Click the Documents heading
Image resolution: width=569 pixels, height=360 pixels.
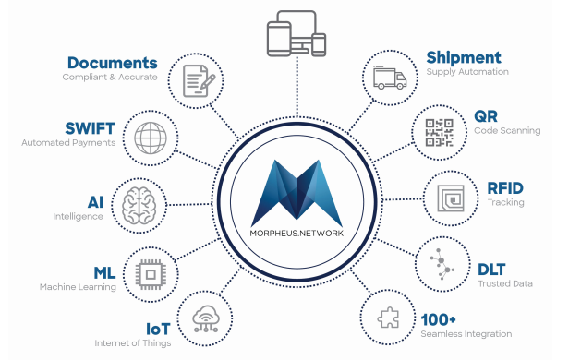(x=112, y=63)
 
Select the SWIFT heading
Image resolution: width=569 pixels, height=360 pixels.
(x=90, y=127)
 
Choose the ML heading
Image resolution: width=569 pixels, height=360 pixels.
(x=104, y=272)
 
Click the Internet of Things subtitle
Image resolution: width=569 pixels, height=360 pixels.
(x=132, y=343)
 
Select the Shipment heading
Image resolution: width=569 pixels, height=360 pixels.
(x=463, y=58)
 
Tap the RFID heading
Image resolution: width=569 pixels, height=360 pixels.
(x=505, y=187)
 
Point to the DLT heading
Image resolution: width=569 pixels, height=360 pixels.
(x=490, y=269)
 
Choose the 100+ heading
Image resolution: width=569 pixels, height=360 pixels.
(x=440, y=318)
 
